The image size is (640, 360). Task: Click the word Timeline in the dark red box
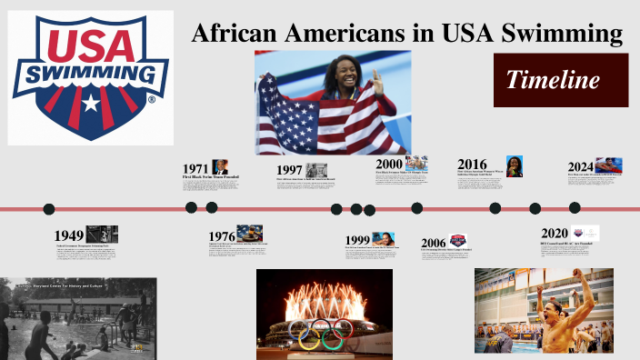coord(553,80)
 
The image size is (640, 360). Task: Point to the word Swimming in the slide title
coord(564,35)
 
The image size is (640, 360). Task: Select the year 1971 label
coord(195,169)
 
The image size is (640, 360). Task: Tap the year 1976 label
coord(222,236)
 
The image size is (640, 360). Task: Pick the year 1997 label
coord(289,170)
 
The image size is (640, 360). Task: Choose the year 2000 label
coord(389,164)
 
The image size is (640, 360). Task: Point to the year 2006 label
coord(434,243)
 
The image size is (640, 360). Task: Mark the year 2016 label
coord(473,165)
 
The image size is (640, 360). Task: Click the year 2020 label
coord(554,233)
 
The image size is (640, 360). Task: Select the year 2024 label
coord(581,166)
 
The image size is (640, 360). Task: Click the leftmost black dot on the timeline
coord(49,209)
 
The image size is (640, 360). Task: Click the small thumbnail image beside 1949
coord(102,234)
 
